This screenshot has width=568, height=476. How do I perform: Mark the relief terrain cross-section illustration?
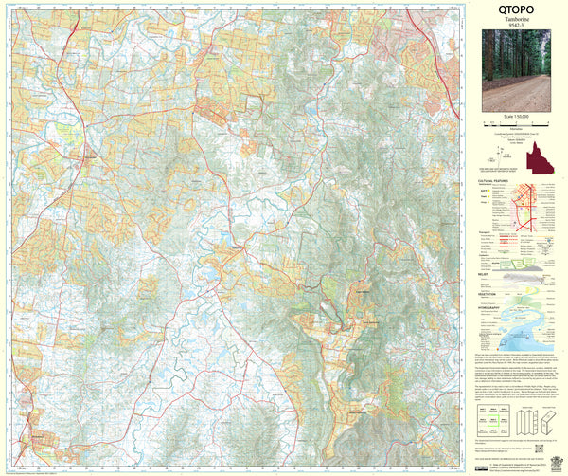click(525, 277)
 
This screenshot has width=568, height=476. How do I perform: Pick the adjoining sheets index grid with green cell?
click(494, 418)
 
